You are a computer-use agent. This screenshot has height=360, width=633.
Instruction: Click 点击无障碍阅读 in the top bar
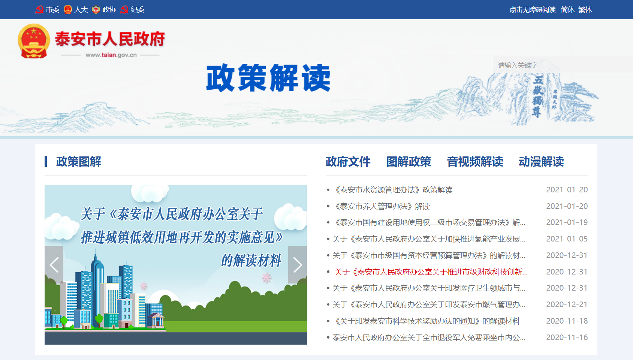point(533,10)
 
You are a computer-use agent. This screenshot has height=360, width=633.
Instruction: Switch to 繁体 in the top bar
point(585,10)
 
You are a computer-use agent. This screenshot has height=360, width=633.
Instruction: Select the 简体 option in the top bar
point(567,10)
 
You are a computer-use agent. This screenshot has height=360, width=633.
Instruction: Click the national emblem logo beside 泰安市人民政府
point(34,41)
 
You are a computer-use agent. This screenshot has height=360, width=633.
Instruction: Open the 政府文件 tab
point(348,162)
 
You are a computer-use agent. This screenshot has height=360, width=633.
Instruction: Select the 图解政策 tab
point(409,162)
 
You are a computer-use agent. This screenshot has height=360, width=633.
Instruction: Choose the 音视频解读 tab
point(475,162)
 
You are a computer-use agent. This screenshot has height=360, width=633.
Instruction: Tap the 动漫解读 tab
point(541,162)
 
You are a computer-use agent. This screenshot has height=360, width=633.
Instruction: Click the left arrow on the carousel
point(54,265)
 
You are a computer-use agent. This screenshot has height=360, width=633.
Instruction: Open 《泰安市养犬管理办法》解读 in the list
point(382,206)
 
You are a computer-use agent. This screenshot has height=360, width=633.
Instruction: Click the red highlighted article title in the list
point(431,272)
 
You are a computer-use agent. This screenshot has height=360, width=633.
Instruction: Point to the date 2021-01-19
point(567,222)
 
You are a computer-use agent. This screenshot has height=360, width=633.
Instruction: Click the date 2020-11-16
point(567,337)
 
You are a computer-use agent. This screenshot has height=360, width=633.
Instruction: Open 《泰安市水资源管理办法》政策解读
point(392,190)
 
